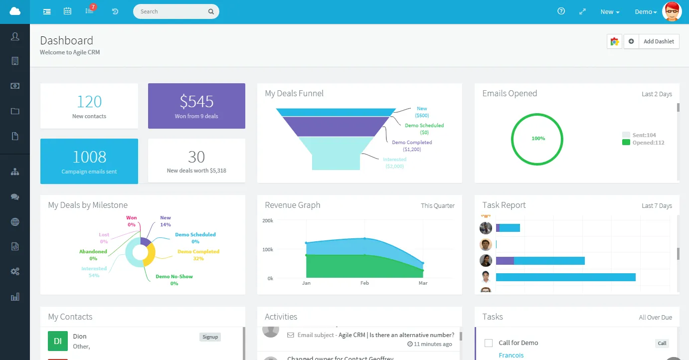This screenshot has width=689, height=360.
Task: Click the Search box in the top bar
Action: [172, 11]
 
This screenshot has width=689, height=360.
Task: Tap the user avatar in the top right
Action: [672, 11]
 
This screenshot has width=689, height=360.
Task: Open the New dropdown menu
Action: [610, 12]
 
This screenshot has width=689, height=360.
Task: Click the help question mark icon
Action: [561, 11]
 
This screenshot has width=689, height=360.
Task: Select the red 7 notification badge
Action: [93, 7]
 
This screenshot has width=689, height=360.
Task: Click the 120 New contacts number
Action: [89, 102]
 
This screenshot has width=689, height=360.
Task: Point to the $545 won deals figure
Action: [196, 102]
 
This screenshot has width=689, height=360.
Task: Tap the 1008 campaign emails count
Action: [89, 157]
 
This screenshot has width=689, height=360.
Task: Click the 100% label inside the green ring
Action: [538, 139]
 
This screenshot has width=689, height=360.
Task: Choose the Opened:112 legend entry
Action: [648, 143]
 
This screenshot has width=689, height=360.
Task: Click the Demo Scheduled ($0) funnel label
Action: [424, 129]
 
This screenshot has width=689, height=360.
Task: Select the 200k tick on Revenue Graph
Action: [268, 220]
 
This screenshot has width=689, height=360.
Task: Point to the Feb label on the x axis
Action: [364, 283]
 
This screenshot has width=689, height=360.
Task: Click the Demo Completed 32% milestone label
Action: [198, 255]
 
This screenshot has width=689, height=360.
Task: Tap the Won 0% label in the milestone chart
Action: [132, 221]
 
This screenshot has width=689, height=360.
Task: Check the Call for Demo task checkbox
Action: [489, 343]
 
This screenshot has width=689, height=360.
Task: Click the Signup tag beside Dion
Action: [210, 337]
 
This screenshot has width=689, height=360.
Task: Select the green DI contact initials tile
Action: [58, 341]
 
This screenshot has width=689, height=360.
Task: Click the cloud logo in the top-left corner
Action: [15, 11]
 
